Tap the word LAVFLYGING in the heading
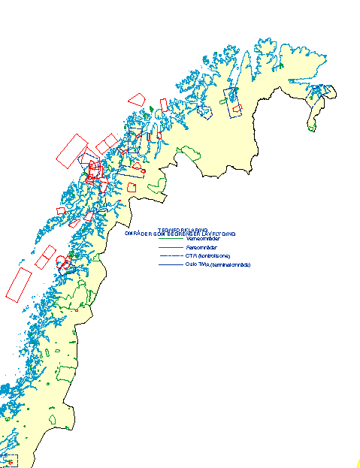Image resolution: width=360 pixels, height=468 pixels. tap(218, 234)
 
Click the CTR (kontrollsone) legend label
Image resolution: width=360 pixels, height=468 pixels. tap(207, 256)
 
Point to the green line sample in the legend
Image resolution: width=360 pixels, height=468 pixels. tap(171, 239)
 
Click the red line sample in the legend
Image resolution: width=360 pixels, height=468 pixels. tap(171, 248)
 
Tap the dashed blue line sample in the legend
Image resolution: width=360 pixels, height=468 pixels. tap(171, 257)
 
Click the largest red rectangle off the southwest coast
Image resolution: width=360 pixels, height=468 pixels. tap(17, 285)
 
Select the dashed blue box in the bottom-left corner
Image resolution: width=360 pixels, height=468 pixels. tap(11, 460)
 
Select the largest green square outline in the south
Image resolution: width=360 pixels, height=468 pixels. tap(68, 373)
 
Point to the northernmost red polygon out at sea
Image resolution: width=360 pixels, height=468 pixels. tap(136, 99)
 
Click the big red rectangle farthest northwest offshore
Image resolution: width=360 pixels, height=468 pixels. tap(72, 150)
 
